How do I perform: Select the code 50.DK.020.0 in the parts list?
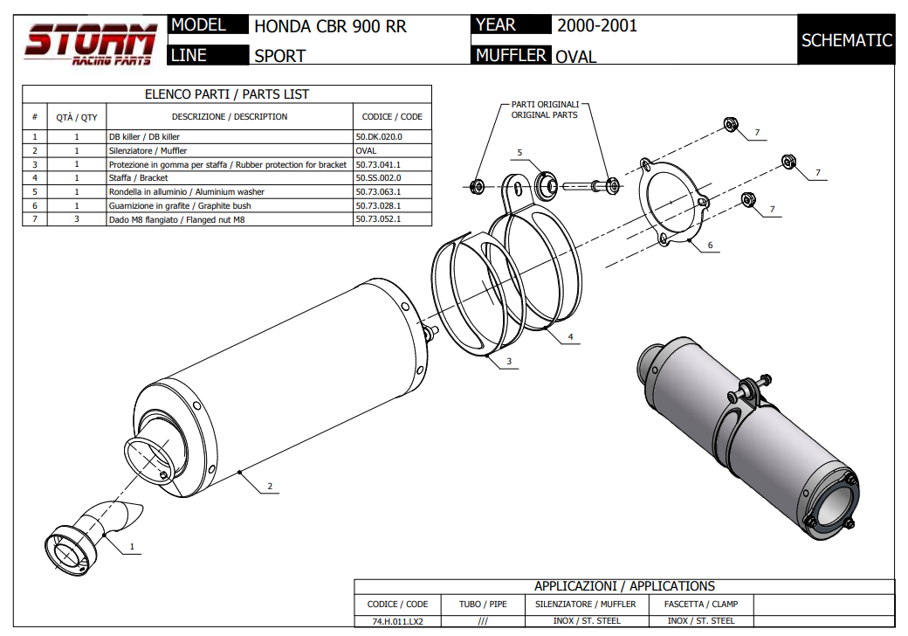coord(379,137)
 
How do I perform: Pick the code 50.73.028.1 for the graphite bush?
coord(379,206)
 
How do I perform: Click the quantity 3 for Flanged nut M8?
coord(77,219)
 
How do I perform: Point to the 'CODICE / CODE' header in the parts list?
coord(392,117)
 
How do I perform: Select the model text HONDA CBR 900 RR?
coord(330,27)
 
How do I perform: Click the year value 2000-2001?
coord(597,25)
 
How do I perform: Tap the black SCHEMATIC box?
coord(846,40)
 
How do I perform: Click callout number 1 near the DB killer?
coord(132,548)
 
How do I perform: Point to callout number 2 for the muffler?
coord(270,487)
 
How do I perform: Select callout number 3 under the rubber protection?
coord(508,361)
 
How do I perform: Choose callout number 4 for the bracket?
coord(570,336)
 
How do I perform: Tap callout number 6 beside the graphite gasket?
coord(710,245)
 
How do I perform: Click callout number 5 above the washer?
coord(519,153)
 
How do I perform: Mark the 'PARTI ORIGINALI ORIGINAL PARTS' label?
coord(544,109)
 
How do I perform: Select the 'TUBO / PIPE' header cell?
coord(483,604)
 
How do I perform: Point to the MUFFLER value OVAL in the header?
coord(576,57)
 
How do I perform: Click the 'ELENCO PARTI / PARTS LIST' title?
coord(226,94)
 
